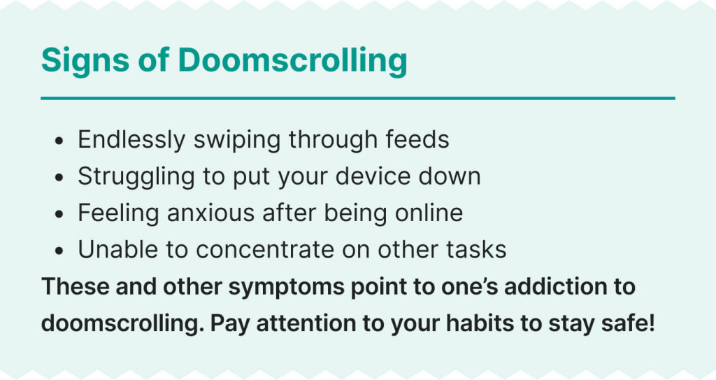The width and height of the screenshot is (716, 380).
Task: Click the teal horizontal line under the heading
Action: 358,98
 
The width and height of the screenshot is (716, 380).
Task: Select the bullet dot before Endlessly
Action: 59,141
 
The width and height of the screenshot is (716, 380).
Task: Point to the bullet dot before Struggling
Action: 59,178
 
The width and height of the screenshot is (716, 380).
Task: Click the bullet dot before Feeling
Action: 59,214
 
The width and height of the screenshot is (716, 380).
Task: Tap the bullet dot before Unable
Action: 59,251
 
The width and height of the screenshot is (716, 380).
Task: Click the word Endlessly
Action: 131,140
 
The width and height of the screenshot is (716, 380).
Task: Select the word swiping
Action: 237,140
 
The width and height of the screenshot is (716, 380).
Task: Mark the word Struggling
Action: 136,176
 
